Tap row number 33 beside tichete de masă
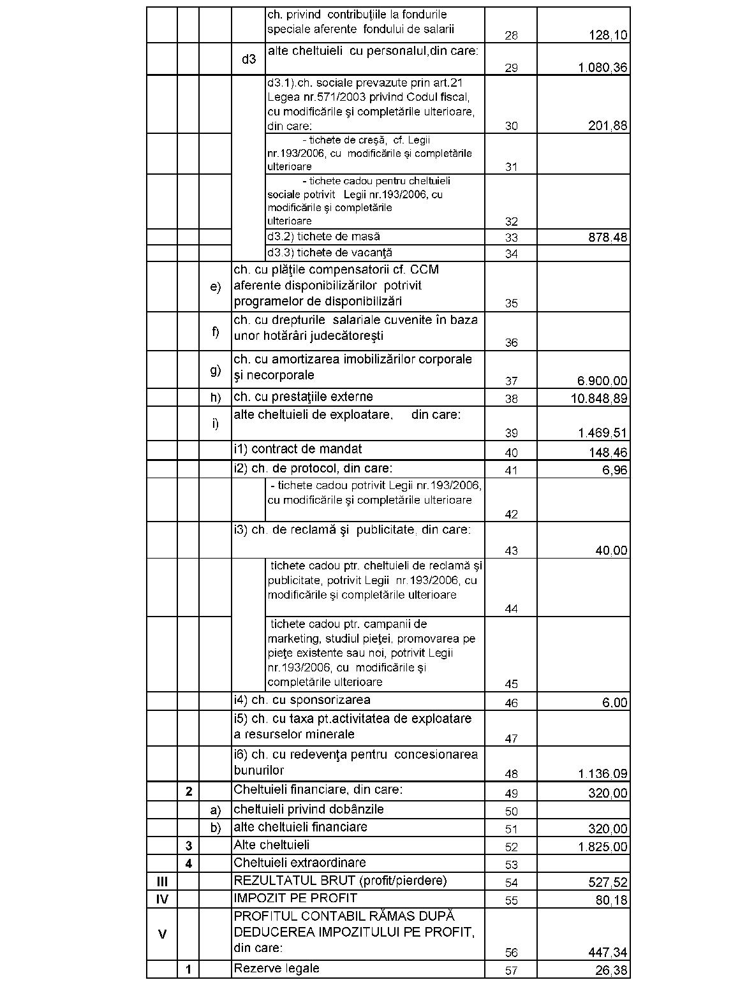(511, 238)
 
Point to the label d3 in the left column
(249, 59)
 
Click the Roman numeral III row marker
(162, 882)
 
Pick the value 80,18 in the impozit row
(611, 900)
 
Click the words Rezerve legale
(277, 969)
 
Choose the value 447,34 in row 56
(607, 953)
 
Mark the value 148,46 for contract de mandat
(607, 453)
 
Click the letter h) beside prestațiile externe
(216, 397)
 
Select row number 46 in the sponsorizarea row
(511, 703)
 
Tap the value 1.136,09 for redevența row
(603, 774)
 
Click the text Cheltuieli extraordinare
(300, 863)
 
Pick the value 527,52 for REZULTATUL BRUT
(607, 882)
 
